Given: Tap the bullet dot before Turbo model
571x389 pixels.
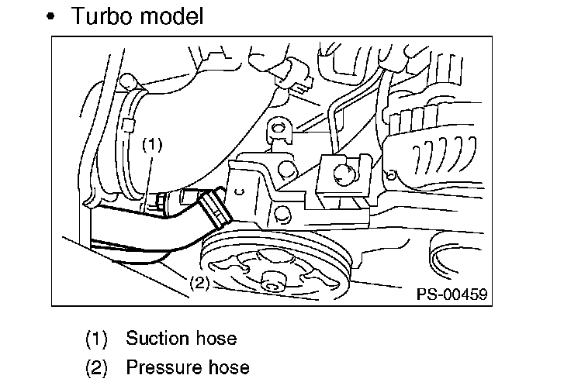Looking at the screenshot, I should [x=51, y=18].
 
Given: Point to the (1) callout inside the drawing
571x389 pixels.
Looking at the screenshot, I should [x=152, y=144].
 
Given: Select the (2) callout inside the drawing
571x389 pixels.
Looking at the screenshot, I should [x=199, y=283].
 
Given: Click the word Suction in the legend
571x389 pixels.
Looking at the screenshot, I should [x=156, y=339].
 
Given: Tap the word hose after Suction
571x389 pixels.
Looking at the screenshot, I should [x=213, y=339].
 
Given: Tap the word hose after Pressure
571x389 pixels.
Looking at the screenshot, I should [x=226, y=367].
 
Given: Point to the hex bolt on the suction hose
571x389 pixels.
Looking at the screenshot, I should [x=154, y=205].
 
